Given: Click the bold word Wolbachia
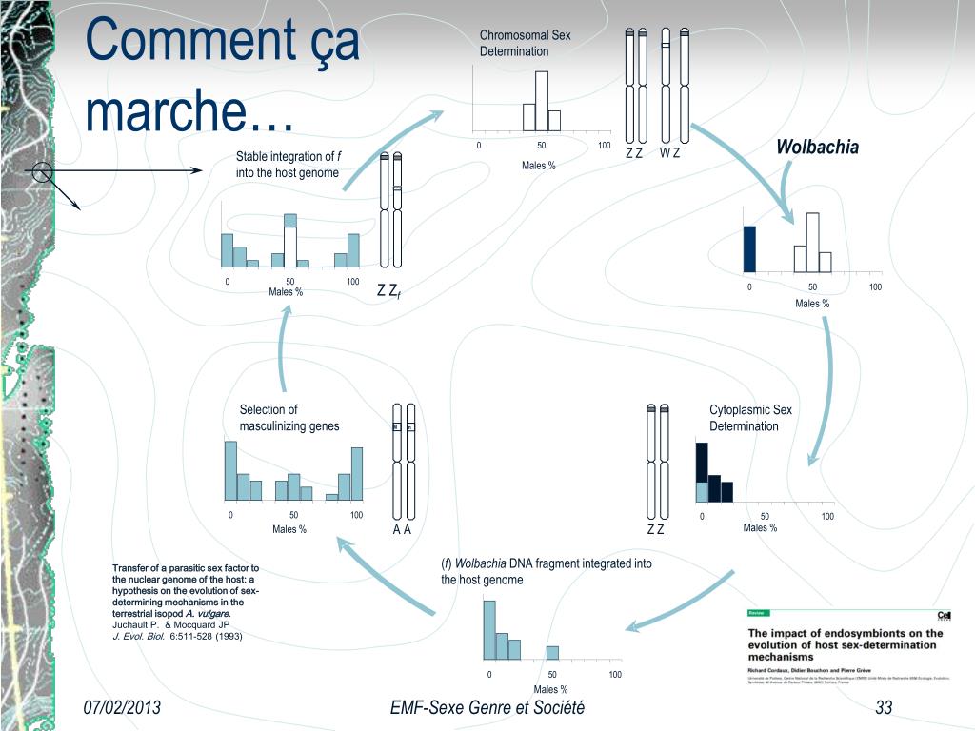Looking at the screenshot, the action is click(817, 147).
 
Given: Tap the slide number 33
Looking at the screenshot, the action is click(884, 707).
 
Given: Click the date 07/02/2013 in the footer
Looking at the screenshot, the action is click(122, 707).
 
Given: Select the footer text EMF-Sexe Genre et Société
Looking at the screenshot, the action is click(487, 707).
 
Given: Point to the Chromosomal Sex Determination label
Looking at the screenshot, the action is click(525, 44).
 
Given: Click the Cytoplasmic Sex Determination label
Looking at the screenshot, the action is click(750, 418).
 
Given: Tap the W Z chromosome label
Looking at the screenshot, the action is click(669, 153).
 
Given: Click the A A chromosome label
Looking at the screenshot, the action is click(402, 530).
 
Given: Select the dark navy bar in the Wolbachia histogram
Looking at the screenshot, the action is click(749, 248).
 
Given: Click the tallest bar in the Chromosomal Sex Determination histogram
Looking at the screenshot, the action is click(541, 100).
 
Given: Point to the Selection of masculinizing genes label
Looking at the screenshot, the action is click(289, 418).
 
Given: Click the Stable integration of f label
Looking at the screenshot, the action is click(288, 164).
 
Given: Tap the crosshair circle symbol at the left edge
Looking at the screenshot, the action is click(41, 172).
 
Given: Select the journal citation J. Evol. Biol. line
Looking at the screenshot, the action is click(177, 636).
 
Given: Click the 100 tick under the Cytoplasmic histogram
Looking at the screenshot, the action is click(827, 516).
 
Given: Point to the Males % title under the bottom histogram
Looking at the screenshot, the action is click(550, 689).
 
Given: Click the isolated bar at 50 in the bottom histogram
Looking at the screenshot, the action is click(552, 652).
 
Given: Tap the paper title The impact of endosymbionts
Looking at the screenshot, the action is click(846, 644).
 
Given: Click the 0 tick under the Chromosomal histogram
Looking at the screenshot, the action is click(479, 146).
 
